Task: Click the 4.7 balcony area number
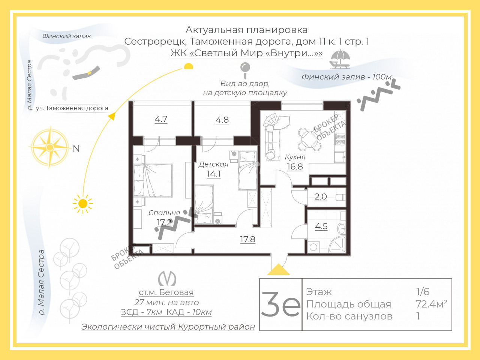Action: [161, 119]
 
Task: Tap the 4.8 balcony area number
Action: [222, 120]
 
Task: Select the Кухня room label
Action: [295, 157]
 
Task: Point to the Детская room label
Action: [213, 164]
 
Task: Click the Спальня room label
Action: [164, 213]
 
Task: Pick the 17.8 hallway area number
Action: [247, 240]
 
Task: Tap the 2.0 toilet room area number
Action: [321, 197]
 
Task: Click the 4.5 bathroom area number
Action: [321, 226]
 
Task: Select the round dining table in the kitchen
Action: [310, 139]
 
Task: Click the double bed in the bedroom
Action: [153, 181]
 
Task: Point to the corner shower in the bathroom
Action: [337, 244]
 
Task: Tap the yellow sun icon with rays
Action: [83, 204]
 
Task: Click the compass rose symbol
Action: [50, 147]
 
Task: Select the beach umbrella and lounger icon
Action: [340, 59]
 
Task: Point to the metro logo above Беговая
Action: [167, 279]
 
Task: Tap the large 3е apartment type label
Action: [281, 304]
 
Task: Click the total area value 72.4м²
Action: [431, 304]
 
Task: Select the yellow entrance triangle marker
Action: [278, 269]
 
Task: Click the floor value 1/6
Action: [423, 292]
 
